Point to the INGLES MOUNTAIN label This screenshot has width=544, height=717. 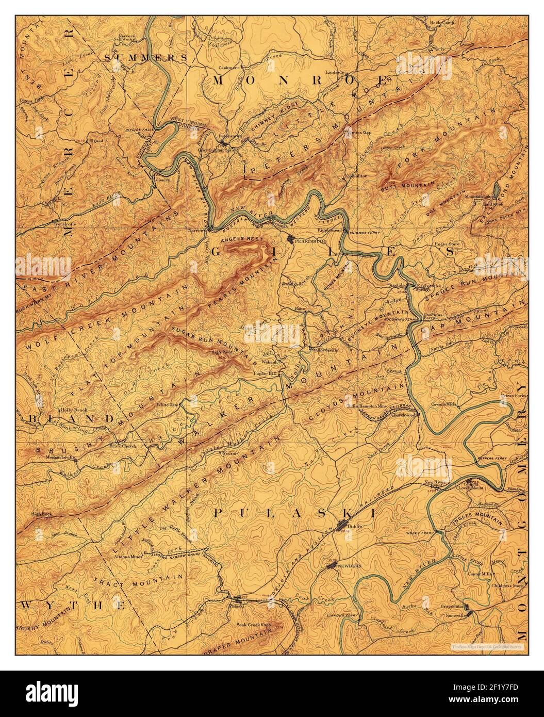477,523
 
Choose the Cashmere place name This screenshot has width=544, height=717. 230,67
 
